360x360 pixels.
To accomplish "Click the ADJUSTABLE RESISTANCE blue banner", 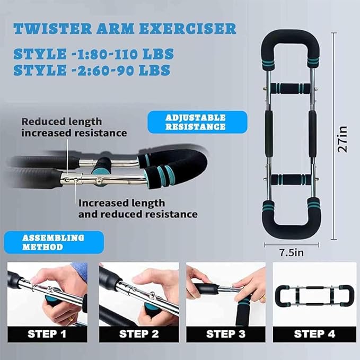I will (196, 122).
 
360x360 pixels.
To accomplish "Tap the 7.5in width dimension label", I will (292, 253).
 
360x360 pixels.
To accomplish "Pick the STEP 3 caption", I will (226, 333).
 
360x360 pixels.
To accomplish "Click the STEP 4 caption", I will (314, 333).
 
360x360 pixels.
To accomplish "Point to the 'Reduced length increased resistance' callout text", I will (74, 127).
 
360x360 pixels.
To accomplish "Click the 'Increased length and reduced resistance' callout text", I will (138, 209).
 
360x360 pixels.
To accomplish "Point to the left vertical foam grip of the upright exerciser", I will (268, 131).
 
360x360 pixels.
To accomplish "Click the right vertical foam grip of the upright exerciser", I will (313, 131).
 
